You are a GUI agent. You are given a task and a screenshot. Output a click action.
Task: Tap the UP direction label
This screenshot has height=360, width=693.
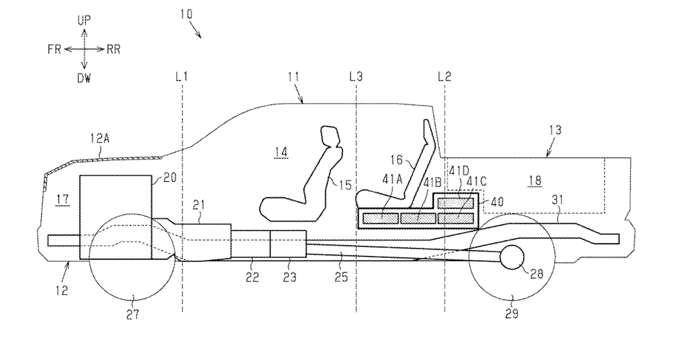click(84, 21)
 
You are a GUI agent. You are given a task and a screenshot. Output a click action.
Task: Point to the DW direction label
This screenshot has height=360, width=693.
click(84, 78)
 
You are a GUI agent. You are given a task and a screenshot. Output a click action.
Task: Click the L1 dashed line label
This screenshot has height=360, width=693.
click(182, 75)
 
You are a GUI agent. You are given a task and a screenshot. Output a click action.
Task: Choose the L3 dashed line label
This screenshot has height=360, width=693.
click(356, 75)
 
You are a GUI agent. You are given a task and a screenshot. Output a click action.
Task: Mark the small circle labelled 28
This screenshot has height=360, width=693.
click(513, 257)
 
